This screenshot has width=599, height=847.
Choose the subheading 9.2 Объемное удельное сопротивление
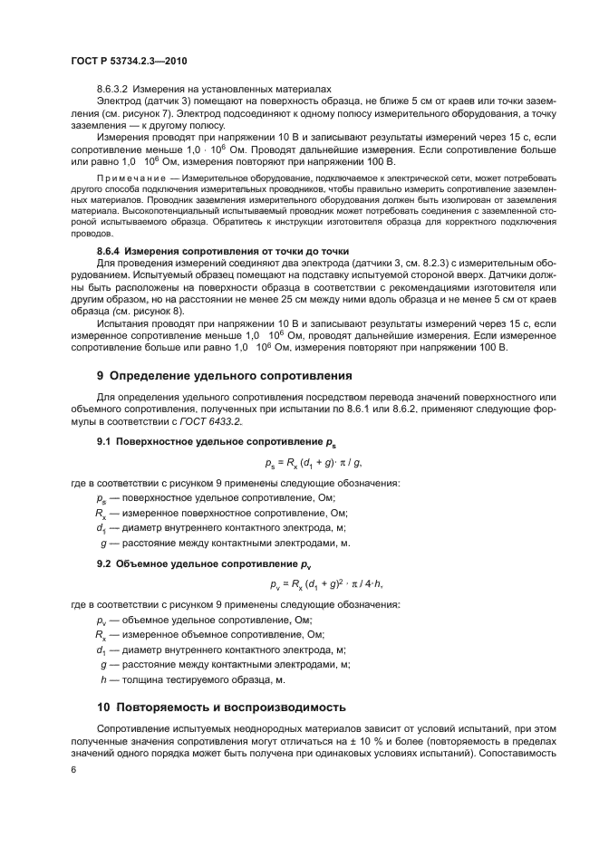point(193,563)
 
